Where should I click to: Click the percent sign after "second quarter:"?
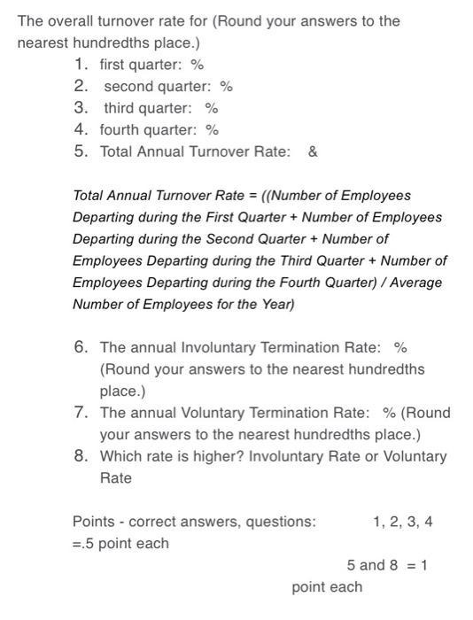click(x=227, y=86)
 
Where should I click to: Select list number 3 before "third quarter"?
click(x=81, y=108)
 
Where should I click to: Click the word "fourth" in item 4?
click(x=120, y=129)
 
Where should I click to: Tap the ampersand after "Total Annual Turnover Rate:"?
click(x=313, y=151)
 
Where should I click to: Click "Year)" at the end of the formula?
click(x=275, y=305)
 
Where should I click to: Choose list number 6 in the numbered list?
click(x=81, y=347)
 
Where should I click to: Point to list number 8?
click(x=81, y=456)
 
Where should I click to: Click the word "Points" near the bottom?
click(x=93, y=522)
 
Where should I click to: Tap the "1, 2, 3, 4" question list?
click(x=403, y=522)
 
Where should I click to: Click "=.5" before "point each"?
click(x=83, y=543)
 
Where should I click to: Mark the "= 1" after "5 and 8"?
click(x=416, y=565)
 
